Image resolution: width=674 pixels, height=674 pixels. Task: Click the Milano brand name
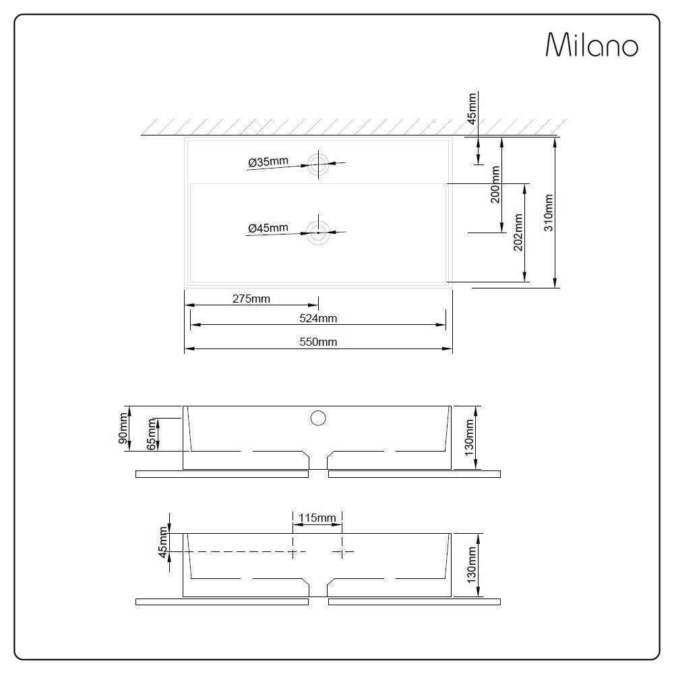pyautogui.click(x=591, y=45)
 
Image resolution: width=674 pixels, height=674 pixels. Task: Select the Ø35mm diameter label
pyautogui.click(x=268, y=162)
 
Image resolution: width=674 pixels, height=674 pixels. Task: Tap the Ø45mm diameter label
pyautogui.click(x=268, y=228)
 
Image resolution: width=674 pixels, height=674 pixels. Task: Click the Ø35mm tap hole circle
pyautogui.click(x=318, y=162)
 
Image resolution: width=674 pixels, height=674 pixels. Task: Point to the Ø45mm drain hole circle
pyautogui.click(x=318, y=233)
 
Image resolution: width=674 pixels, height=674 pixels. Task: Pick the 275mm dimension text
pyautogui.click(x=251, y=299)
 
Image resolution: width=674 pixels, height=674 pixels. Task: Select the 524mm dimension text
pyautogui.click(x=318, y=318)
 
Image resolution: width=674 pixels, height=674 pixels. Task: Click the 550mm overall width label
pyautogui.click(x=318, y=342)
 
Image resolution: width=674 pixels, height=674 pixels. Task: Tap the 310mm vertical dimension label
pyautogui.click(x=549, y=213)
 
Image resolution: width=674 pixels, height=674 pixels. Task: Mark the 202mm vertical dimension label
pyautogui.click(x=518, y=233)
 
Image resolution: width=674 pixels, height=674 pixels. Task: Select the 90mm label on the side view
pyautogui.click(x=123, y=427)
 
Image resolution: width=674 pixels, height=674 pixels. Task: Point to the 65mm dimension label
pyautogui.click(x=152, y=434)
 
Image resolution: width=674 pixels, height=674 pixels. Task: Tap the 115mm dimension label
pyautogui.click(x=317, y=518)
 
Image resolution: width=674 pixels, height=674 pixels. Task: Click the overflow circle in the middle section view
pyautogui.click(x=318, y=418)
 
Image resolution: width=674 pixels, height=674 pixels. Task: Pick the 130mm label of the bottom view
pyautogui.click(x=471, y=565)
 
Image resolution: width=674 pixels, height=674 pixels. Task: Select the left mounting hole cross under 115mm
pyautogui.click(x=293, y=552)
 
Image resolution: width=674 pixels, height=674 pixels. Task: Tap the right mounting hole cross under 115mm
pyautogui.click(x=342, y=552)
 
